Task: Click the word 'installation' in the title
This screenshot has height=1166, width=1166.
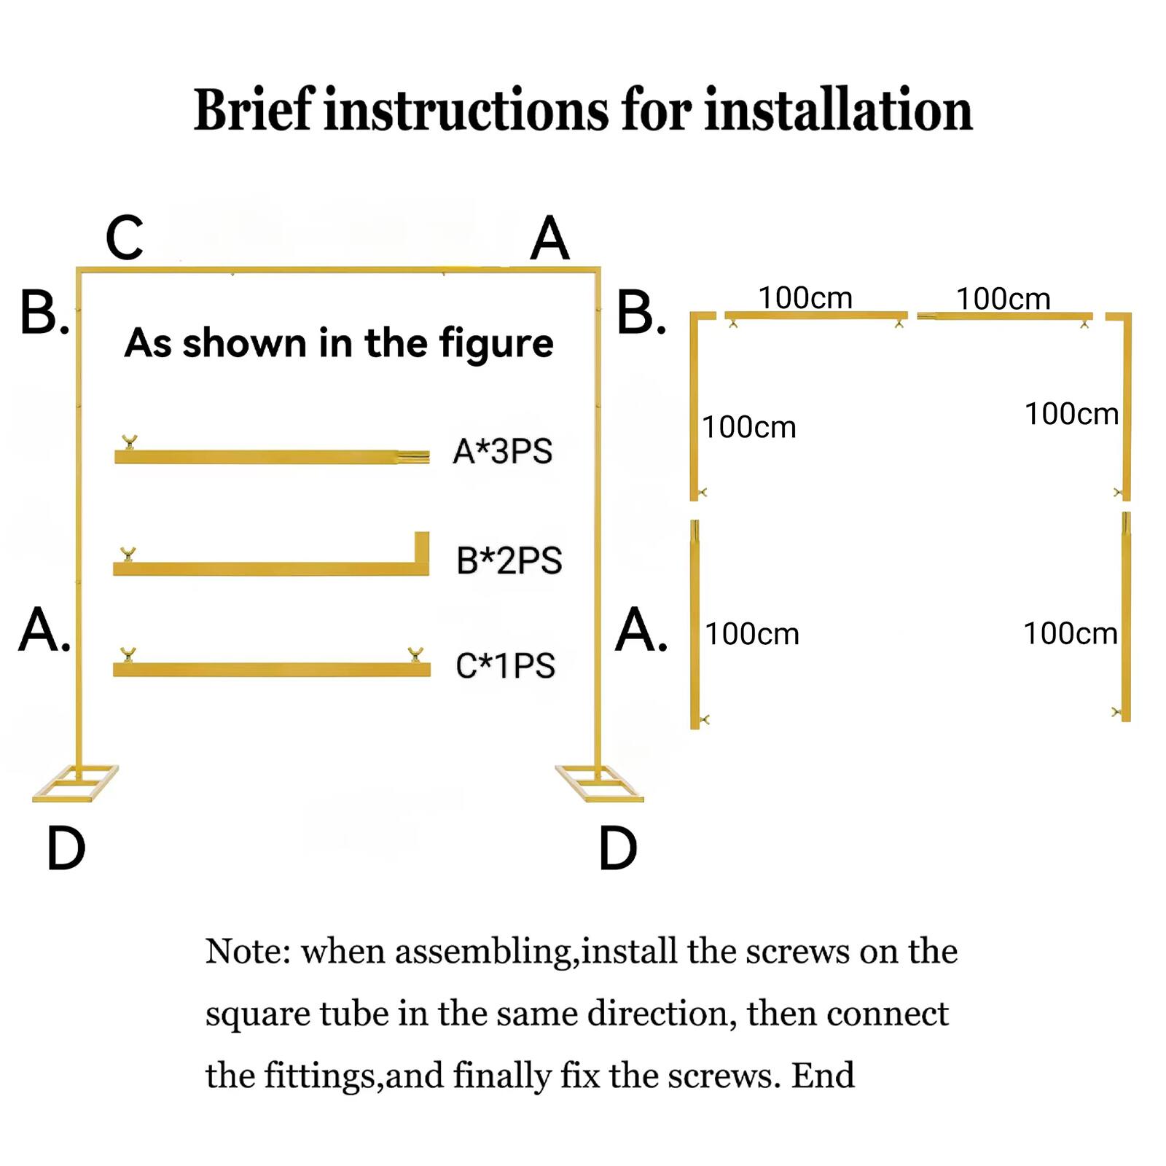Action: tap(837, 111)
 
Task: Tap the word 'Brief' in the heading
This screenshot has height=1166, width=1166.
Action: tap(253, 111)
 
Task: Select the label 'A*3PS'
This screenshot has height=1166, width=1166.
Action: tap(502, 451)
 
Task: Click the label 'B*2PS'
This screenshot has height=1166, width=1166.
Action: tap(509, 560)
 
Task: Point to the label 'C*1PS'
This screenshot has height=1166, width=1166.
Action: tap(505, 665)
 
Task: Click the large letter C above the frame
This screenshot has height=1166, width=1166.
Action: tap(124, 238)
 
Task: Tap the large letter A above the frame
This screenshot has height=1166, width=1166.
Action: tap(549, 238)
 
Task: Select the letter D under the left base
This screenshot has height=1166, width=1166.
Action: tap(66, 849)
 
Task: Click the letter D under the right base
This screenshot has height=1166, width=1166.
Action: tap(617, 849)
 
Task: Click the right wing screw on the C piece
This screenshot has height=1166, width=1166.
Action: tap(415, 654)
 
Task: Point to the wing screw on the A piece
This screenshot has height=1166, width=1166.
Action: tap(130, 442)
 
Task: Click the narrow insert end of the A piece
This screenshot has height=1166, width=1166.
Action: tap(413, 456)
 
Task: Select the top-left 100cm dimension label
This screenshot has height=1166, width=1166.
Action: tap(805, 298)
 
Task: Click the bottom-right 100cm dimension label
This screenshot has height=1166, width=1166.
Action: tap(1070, 633)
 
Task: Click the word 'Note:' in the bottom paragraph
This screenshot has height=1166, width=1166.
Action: tap(248, 951)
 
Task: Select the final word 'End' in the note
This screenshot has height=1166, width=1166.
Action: tap(823, 1076)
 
